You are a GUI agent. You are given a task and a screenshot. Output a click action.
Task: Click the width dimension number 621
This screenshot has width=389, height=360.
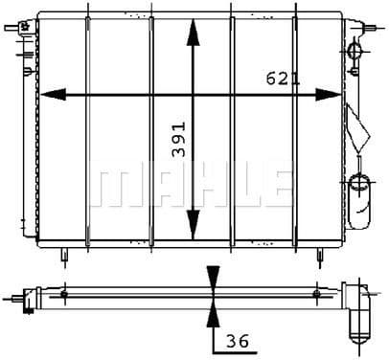coord(283,79)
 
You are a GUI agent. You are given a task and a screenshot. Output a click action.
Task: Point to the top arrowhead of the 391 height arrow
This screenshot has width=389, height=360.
coord(193,28)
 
